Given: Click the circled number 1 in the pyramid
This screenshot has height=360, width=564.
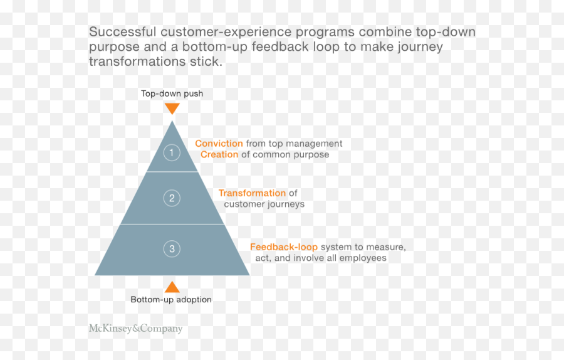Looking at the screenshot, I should pyautogui.click(x=172, y=152).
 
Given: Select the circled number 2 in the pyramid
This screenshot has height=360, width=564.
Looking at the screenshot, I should pyautogui.click(x=172, y=198).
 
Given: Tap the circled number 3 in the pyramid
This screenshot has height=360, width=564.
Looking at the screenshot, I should pyautogui.click(x=172, y=249).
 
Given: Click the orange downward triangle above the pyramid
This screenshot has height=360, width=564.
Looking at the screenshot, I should pyautogui.click(x=172, y=108).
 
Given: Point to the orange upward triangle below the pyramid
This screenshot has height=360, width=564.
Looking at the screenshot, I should pyautogui.click(x=172, y=287).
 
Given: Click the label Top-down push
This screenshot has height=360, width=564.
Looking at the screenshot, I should pyautogui.click(x=172, y=93).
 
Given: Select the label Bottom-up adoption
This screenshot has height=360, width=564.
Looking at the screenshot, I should pyautogui.click(x=171, y=300).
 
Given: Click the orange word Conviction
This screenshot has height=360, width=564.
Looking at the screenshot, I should pyautogui.click(x=219, y=144).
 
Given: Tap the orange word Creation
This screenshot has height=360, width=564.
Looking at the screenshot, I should pyautogui.click(x=219, y=154).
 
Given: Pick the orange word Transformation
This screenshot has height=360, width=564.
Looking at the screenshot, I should pyautogui.click(x=252, y=193).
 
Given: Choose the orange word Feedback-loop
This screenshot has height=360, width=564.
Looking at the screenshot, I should pyautogui.click(x=284, y=247).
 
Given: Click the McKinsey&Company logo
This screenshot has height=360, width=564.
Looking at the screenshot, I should pyautogui.click(x=135, y=328).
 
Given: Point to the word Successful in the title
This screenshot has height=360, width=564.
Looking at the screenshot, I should pyautogui.click(x=122, y=32).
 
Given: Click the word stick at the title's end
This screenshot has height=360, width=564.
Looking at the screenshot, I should pyautogui.click(x=207, y=61).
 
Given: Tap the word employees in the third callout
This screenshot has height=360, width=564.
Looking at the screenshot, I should pyautogui.click(x=363, y=258).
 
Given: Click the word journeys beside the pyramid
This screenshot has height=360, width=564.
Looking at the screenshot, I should pyautogui.click(x=283, y=204).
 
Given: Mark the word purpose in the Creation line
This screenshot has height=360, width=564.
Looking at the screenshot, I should pyautogui.click(x=311, y=155).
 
